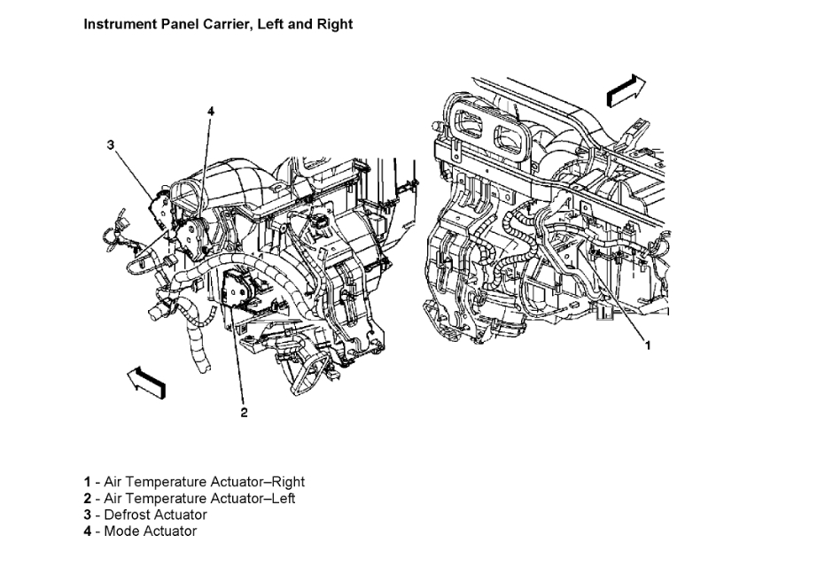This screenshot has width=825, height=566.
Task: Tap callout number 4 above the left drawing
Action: point(211,111)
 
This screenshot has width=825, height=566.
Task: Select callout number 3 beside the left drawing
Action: point(110,144)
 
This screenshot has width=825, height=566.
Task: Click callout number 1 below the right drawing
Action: point(647,345)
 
